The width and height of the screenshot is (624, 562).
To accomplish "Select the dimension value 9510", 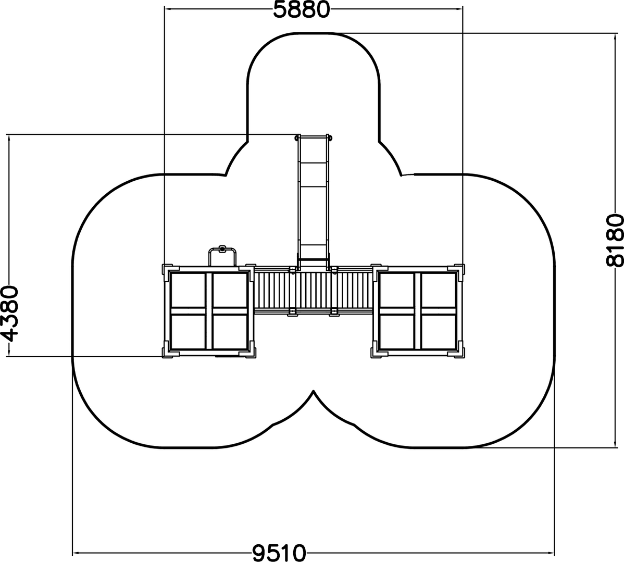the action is [x=279, y=553].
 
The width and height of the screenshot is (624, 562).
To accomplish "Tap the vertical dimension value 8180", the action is [x=615, y=241].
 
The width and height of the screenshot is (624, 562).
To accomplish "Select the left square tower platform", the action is [x=209, y=311].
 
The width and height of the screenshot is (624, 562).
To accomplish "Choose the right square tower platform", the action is [x=418, y=311].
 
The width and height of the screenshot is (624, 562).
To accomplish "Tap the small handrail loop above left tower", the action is [x=222, y=254].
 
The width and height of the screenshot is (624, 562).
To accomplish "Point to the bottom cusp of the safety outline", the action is [x=314, y=391].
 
